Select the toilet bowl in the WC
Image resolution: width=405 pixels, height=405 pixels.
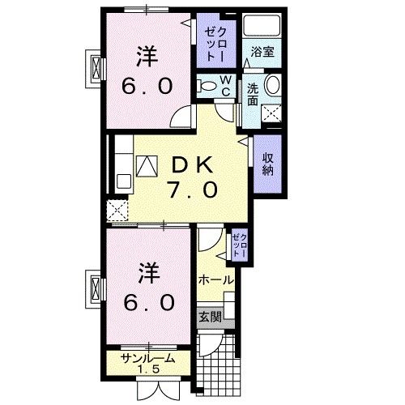click(207, 86)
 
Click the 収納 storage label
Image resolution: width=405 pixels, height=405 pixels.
click(266, 162)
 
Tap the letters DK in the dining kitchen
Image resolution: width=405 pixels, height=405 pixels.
click(191, 164)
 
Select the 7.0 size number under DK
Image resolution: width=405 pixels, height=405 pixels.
click(191, 192)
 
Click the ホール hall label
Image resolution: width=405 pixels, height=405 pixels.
click(215, 279)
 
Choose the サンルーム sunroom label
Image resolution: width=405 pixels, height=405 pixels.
click(148, 360)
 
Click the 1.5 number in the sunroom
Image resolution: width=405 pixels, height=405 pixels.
click(148, 372)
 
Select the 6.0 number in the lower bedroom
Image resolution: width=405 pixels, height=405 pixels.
click(148, 302)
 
